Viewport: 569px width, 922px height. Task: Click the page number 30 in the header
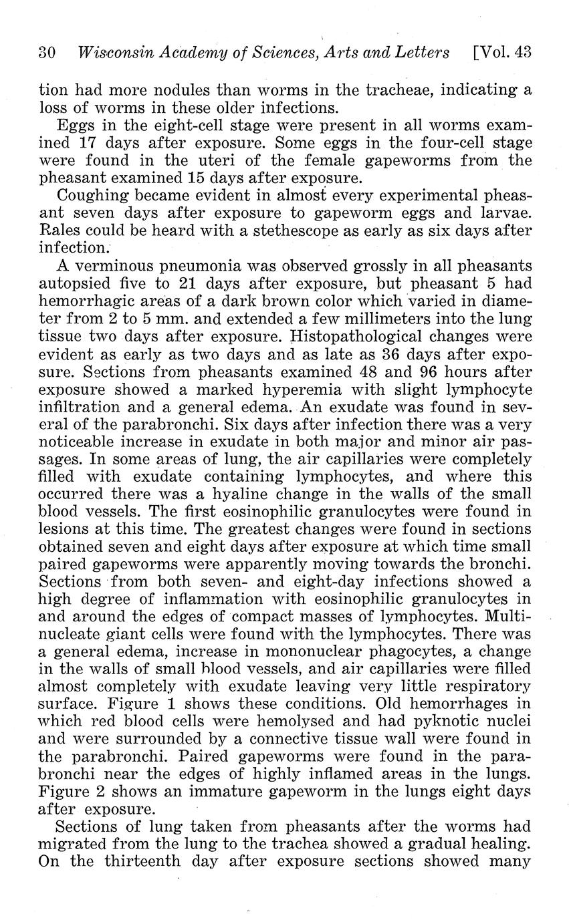46,53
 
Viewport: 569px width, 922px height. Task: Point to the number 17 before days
88,143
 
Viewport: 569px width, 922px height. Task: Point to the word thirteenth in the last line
142,861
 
